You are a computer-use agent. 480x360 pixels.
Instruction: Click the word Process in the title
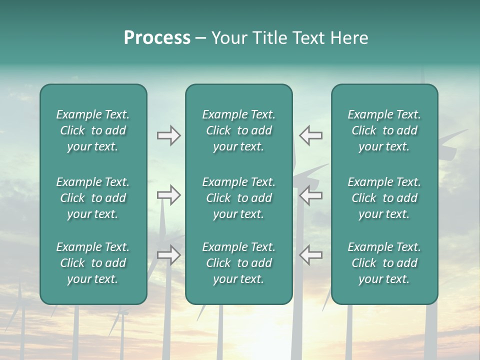point(157,38)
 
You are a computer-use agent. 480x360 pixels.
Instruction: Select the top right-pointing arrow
point(168,135)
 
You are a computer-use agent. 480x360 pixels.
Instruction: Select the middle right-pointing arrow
point(168,195)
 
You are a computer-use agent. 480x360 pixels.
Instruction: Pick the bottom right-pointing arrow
point(168,255)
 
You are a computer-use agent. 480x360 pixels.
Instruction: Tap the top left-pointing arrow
point(310,135)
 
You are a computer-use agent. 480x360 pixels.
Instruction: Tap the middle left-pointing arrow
point(310,195)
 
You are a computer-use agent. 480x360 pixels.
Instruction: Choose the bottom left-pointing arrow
point(310,255)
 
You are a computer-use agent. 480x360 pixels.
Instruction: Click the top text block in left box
point(93,130)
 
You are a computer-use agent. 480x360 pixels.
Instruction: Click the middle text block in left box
point(93,198)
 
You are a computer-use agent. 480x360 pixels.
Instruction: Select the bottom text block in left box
point(93,263)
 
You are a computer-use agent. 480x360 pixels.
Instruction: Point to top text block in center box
point(238,130)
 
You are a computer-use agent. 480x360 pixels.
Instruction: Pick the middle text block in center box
point(238,198)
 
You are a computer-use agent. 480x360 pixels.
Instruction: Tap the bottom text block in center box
point(238,263)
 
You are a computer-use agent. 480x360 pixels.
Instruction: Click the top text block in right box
point(384,130)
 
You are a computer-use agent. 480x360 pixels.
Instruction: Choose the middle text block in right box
point(384,198)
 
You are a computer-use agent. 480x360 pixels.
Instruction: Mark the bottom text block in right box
point(384,263)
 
